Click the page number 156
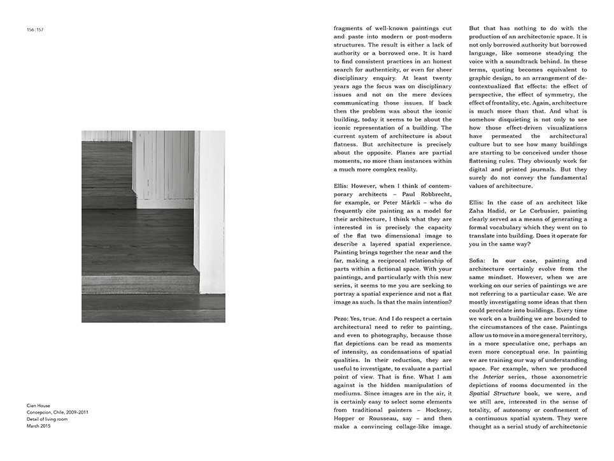(30, 29)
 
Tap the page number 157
(39, 29)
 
